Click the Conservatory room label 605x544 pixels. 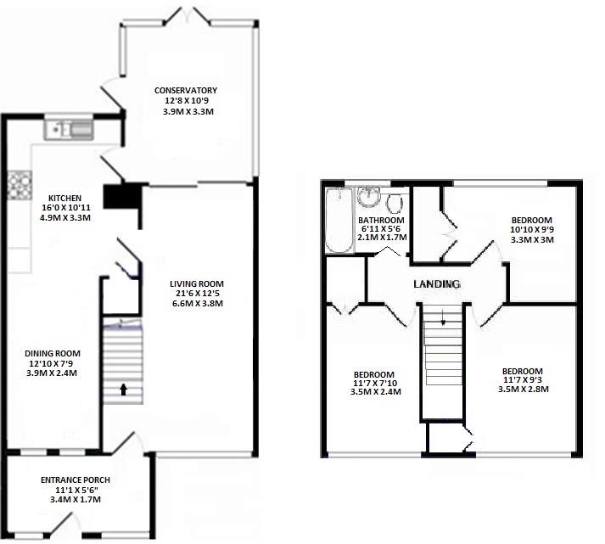point(185,91)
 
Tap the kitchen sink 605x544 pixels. point(73,129)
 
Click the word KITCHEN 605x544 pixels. point(64,199)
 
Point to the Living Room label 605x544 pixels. point(195,283)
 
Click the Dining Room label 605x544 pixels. point(53,353)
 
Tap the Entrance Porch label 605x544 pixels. point(76,480)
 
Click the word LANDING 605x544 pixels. point(436,284)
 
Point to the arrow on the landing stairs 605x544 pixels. point(442,318)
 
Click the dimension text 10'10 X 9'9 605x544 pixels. point(531,229)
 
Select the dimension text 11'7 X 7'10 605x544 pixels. point(374,384)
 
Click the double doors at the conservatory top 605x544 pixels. point(188,15)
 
